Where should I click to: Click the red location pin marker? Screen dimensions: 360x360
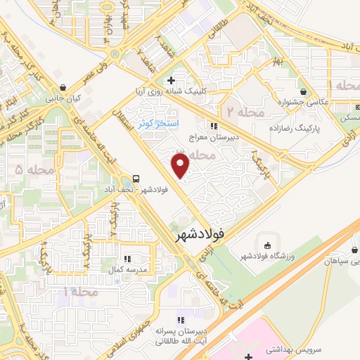tap(181, 166)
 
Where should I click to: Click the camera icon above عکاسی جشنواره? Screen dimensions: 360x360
tap(303, 91)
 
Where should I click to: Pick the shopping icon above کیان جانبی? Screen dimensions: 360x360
tap(64, 88)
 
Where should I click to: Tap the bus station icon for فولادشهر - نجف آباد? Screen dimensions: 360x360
tap(134, 179)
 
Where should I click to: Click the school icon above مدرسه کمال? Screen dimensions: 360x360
tap(127, 259)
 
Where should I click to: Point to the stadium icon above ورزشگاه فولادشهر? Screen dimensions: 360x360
tap(264, 243)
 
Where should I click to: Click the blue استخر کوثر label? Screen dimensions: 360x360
tap(154, 123)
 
